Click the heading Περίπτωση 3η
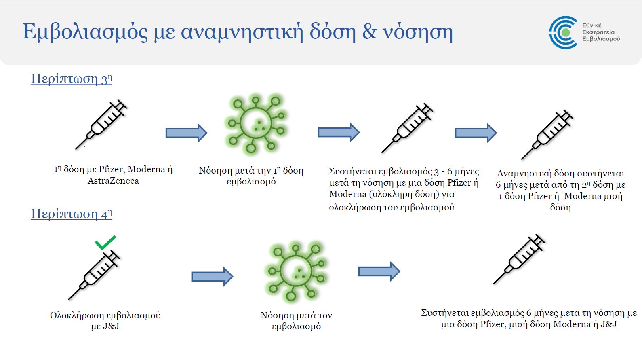(x=72, y=78)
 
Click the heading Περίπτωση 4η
(x=72, y=214)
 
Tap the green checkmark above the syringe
(x=105, y=243)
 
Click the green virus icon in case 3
(x=256, y=124)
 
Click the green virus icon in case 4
(x=296, y=271)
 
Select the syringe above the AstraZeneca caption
(x=101, y=125)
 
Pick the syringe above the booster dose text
(x=547, y=134)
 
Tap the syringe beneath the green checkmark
(x=94, y=275)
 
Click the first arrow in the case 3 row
(x=186, y=133)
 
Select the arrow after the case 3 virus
(x=339, y=132)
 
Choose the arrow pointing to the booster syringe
(x=476, y=133)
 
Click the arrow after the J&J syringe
(x=212, y=277)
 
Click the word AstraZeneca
(x=113, y=181)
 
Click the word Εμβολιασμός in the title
(x=85, y=32)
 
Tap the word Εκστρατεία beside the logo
(x=598, y=32)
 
